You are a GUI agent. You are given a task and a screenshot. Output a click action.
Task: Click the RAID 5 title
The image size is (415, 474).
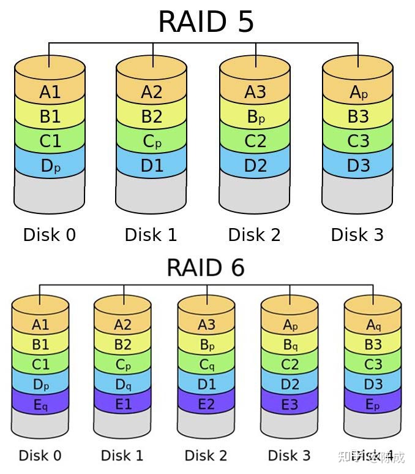[206, 22]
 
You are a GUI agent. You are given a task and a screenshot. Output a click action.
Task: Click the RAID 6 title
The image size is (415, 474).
[206, 268]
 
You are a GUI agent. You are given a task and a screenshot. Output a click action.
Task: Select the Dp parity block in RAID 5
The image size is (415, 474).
[50, 166]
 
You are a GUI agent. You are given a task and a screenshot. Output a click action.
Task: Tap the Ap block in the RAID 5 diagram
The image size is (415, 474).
[358, 93]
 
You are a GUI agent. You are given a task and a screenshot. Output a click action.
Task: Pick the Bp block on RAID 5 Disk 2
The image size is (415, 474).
[255, 117]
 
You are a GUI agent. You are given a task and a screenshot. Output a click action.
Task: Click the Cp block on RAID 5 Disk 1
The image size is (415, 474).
[152, 141]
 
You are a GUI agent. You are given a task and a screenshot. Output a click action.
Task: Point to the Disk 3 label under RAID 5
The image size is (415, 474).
[357, 235]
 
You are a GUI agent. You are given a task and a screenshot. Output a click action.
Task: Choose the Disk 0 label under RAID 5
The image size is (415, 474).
[50, 235]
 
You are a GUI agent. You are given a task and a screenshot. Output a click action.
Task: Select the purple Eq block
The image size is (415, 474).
[40, 405]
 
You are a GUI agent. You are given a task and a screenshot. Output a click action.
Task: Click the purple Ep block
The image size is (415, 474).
[373, 405]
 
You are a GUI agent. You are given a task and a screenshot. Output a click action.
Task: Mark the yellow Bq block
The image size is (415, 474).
[290, 345]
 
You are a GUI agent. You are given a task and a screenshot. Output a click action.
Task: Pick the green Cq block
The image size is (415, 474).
[206, 365]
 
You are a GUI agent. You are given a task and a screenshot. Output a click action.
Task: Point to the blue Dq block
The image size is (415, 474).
[123, 385]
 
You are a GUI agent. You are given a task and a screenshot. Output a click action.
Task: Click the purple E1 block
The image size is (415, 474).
[123, 405]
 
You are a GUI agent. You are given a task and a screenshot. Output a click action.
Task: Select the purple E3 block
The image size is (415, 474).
[290, 405]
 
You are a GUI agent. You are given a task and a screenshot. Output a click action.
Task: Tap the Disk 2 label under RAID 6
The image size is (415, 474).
[206, 456]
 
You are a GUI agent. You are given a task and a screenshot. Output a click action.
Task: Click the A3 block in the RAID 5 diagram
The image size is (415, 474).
[255, 93]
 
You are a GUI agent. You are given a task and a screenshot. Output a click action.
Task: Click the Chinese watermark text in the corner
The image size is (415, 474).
[377, 457]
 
